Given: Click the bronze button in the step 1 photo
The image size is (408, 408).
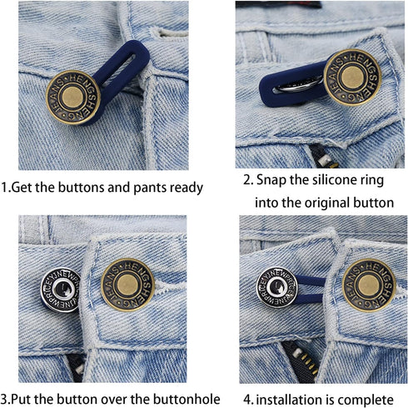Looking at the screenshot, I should pos(73,98).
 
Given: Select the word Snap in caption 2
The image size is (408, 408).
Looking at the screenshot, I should pos(274,180).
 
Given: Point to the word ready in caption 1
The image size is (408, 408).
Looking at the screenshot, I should pos(184,188).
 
